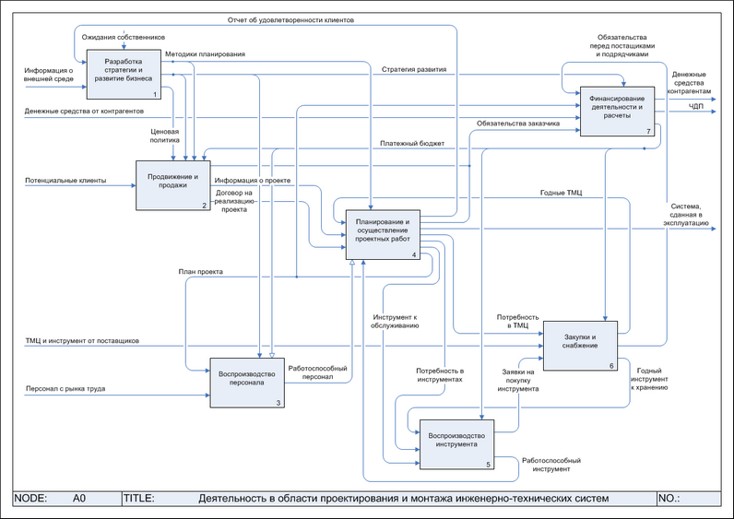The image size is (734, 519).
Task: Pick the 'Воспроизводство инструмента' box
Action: coord(456,443)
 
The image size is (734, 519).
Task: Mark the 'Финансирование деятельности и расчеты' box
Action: coord(617,110)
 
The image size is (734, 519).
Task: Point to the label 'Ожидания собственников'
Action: coord(124,36)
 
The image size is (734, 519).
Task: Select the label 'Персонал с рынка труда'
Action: coord(65,389)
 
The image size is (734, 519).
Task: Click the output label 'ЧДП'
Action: coord(696,108)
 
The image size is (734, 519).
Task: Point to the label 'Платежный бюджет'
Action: coord(412,144)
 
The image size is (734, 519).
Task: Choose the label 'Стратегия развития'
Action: coord(413,69)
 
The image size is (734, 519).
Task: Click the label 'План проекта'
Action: coord(200,271)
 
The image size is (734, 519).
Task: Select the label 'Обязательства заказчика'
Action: coord(517,123)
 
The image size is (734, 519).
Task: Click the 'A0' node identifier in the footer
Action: coord(79,498)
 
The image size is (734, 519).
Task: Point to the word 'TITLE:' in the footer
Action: coord(138,498)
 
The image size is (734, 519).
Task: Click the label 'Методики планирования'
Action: coord(205,55)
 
